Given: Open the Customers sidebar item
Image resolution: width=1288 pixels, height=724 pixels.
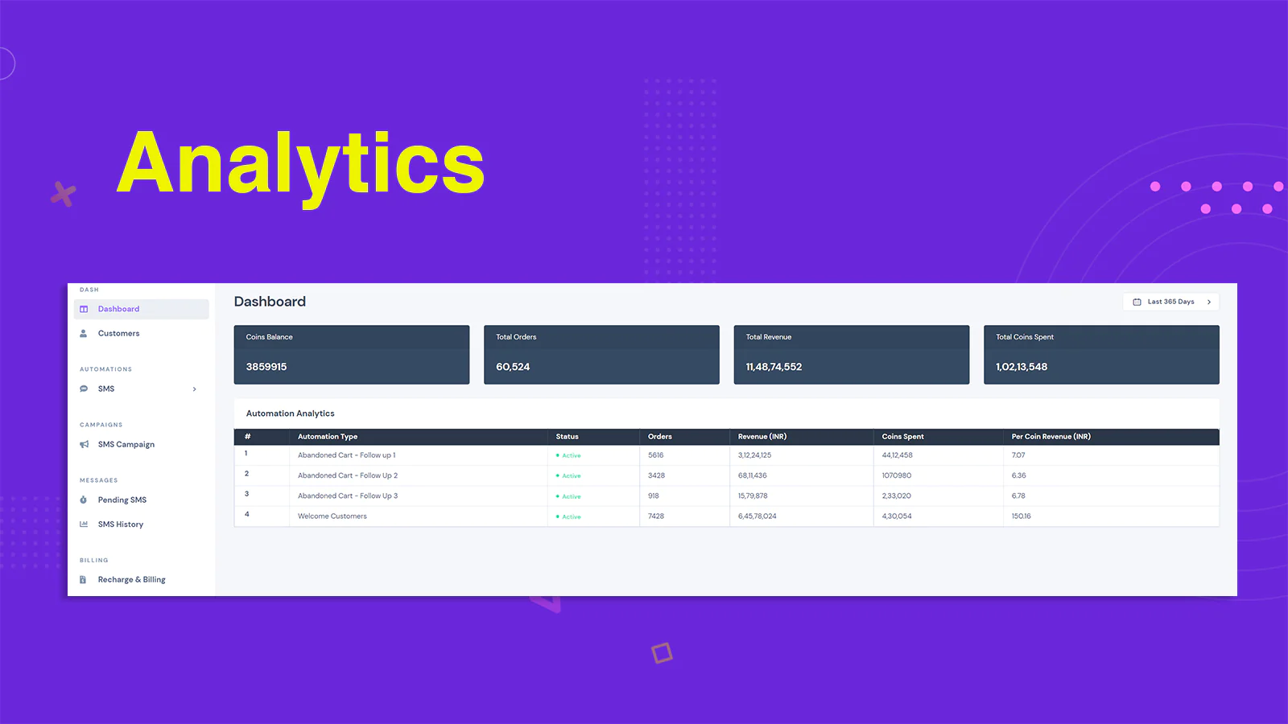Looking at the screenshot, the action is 118,333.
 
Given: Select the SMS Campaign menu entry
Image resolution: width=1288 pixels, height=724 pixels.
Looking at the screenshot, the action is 126,445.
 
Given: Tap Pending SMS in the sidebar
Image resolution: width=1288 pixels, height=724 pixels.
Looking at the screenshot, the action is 122,500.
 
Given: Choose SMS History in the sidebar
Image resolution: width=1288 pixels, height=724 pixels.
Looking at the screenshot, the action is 120,524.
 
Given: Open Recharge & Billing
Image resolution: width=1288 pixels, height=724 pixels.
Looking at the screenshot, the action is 131,580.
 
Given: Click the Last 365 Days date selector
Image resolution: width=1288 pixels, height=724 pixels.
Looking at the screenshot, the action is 1170,302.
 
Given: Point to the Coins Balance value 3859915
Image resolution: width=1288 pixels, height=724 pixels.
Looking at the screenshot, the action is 266,367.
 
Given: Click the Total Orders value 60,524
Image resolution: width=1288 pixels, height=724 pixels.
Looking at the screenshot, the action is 513,367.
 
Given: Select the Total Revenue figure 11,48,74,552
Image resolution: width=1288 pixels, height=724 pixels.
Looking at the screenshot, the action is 774,367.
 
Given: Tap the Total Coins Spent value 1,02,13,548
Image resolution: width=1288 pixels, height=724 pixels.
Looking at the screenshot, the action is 1022,367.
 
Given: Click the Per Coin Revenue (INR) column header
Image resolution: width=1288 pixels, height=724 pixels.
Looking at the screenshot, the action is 1051,437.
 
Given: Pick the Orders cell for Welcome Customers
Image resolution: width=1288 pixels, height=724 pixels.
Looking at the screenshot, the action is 656,516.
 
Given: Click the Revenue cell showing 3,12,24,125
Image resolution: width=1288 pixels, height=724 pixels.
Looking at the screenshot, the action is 754,455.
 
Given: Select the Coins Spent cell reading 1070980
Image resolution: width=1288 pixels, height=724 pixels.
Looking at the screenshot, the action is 897,475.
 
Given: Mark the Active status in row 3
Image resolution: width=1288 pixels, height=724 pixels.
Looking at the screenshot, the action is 568,496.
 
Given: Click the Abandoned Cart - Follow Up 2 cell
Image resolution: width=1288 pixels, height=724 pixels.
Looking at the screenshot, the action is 347,475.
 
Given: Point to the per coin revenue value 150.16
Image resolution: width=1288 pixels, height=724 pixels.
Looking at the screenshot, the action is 1022,516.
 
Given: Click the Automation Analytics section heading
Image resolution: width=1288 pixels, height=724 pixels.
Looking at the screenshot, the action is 290,413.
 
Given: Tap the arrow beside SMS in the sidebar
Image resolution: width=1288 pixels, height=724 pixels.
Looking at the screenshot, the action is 194,389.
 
